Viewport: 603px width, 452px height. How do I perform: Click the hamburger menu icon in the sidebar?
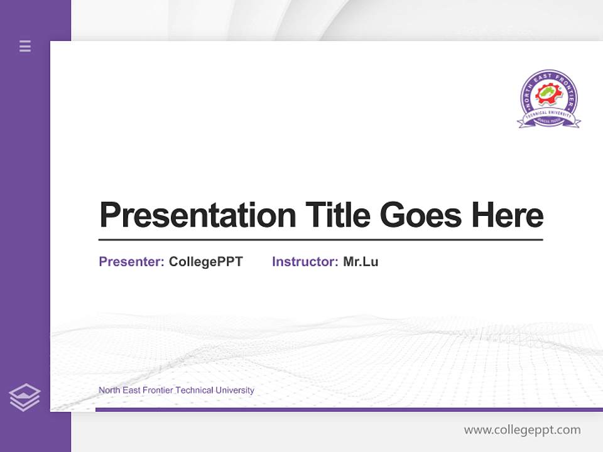pos(25,46)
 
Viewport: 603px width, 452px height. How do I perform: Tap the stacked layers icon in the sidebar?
pos(24,397)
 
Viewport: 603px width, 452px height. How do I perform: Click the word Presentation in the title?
pos(197,215)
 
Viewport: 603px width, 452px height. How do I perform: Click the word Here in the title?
pos(507,215)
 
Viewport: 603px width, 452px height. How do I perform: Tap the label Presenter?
pos(131,262)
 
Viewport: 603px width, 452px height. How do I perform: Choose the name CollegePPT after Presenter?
pos(205,262)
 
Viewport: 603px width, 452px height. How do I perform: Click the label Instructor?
pos(305,262)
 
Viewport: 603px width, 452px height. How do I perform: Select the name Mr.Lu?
pos(361,262)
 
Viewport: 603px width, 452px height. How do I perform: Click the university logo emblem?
pos(548,99)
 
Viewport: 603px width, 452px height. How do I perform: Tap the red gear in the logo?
pos(548,95)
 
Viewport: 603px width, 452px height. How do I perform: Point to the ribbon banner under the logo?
pos(548,121)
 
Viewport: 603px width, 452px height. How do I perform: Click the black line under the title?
pos(320,239)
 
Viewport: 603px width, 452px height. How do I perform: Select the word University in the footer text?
pos(234,390)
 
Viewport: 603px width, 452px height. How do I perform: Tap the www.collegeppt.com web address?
pos(522,430)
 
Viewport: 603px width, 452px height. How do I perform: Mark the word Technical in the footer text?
pos(194,390)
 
